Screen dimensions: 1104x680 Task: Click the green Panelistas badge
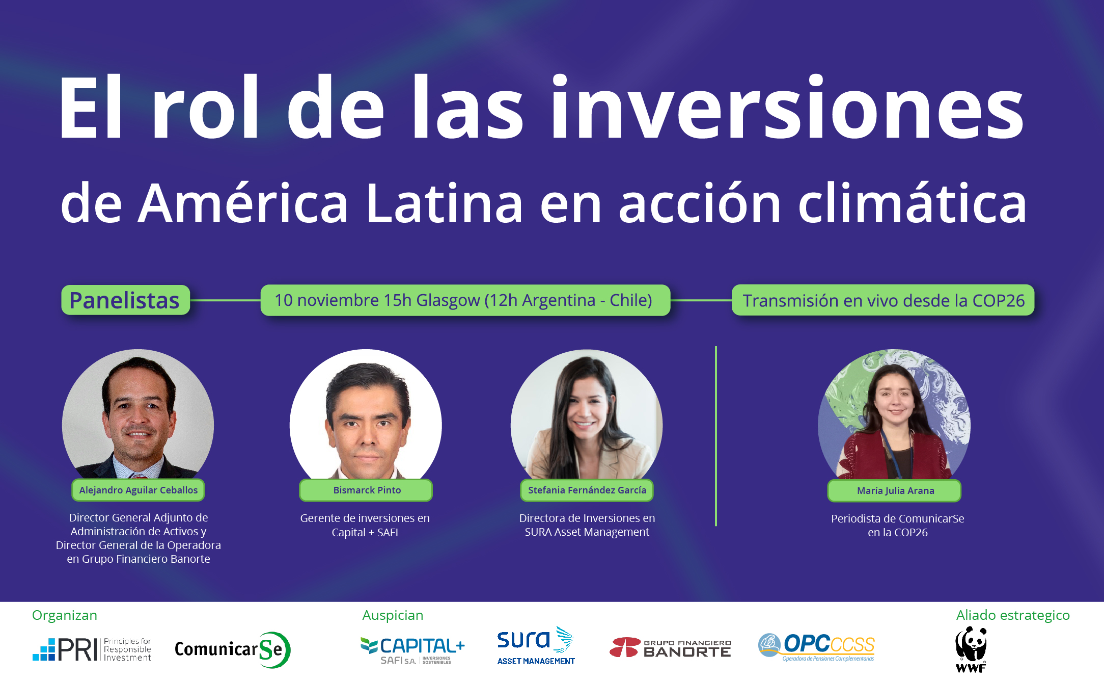coord(125,300)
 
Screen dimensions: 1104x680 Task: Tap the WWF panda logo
coord(971,649)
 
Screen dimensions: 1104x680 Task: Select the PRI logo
coord(92,649)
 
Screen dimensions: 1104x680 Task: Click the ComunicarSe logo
coord(232,650)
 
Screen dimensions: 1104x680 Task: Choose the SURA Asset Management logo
coord(536,646)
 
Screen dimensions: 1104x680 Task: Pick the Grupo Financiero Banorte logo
coord(670,647)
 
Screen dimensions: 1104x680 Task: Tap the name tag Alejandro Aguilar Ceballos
coord(139,490)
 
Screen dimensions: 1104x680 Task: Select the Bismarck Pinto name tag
coord(366,490)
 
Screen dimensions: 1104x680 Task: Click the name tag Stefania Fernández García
coord(587,490)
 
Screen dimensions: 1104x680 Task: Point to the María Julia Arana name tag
coord(895,490)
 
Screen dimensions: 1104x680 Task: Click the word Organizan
coord(65,615)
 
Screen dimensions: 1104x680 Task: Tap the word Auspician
coord(393,615)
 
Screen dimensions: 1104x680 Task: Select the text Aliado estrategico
coord(1013,615)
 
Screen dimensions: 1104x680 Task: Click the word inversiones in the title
coord(788,107)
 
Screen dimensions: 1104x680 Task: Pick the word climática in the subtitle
coord(912,202)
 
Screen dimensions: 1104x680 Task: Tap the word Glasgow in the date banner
coord(448,300)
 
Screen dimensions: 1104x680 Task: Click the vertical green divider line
coord(716,436)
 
